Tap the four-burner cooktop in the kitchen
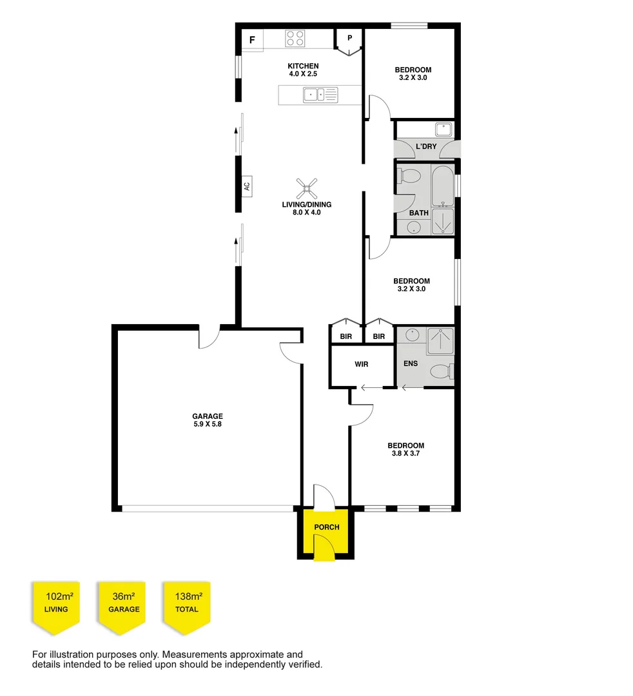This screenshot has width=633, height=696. click(x=295, y=39)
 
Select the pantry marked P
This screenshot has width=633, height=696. click(x=350, y=39)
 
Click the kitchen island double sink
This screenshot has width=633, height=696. click(x=320, y=95)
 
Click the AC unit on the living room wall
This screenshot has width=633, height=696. click(x=246, y=186)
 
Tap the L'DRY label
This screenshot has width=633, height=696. click(x=426, y=146)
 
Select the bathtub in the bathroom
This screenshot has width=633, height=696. click(x=443, y=185)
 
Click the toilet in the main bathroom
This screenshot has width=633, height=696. click(x=408, y=176)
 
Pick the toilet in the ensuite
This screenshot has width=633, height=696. click(x=442, y=371)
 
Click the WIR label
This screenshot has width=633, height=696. click(x=362, y=364)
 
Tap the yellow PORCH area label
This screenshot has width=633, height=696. click(x=327, y=527)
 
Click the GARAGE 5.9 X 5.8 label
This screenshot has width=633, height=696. click(x=207, y=420)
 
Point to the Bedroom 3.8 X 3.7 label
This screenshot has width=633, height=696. click(x=405, y=449)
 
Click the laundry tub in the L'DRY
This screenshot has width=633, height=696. click(x=443, y=129)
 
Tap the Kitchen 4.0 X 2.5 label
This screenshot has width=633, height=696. click(x=303, y=70)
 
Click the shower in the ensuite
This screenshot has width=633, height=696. click(x=440, y=341)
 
